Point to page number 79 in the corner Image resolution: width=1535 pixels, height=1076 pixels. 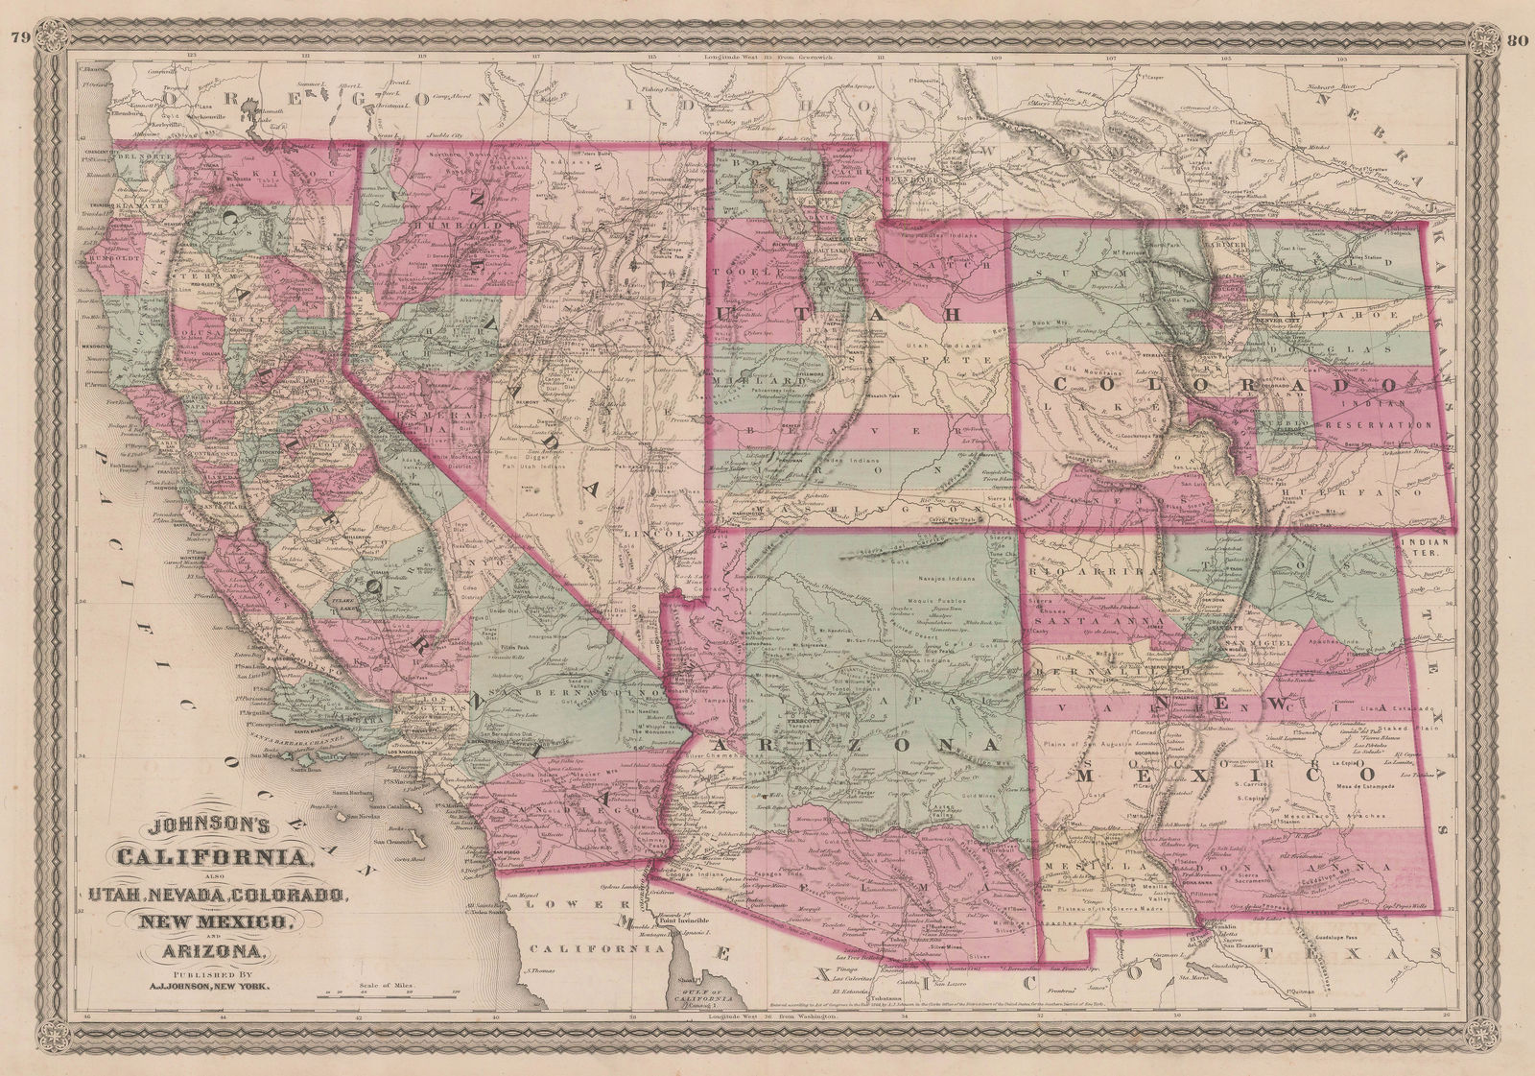click(16, 12)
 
